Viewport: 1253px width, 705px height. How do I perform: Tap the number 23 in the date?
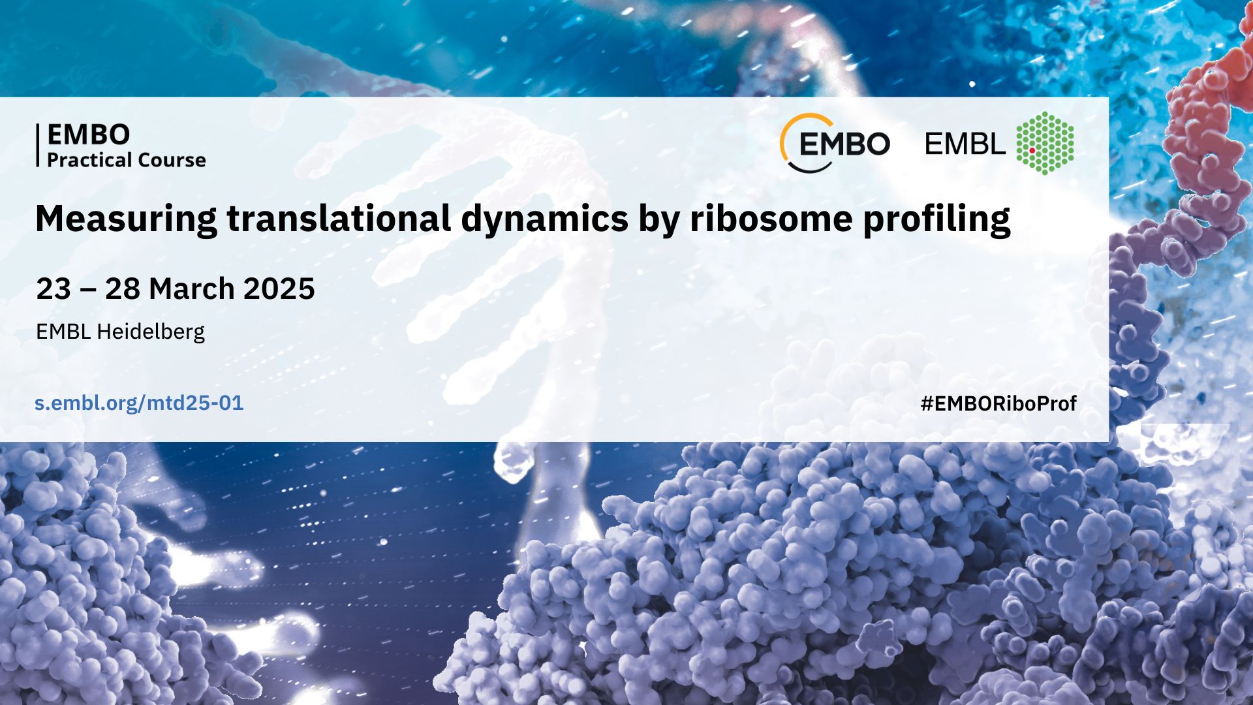54,289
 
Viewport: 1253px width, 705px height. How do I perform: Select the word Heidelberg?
151,332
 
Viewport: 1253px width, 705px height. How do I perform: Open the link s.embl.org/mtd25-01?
139,403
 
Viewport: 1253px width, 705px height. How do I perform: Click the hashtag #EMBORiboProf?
998,404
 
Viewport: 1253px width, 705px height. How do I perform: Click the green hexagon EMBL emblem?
1045,143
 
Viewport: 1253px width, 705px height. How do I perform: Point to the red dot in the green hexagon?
1032,150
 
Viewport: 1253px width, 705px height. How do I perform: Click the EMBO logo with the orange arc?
835,143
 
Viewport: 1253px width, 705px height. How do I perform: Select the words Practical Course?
127,160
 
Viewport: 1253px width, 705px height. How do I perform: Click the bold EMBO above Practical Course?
89,134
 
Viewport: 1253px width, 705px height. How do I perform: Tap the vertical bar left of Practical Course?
38,145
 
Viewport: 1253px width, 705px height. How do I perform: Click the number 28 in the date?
123,289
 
